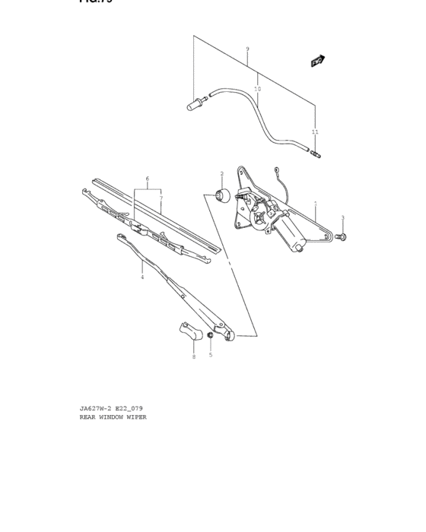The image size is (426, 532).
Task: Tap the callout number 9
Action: (247, 49)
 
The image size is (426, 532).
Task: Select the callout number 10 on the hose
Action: (257, 89)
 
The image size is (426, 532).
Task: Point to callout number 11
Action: (315, 132)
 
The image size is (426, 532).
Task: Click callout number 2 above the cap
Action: (222, 173)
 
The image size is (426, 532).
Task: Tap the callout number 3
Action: (342, 218)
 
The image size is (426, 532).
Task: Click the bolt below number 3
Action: (342, 237)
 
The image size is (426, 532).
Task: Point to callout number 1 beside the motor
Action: (315, 203)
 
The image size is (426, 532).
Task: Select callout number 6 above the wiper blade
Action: (148, 179)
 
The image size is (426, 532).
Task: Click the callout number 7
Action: (161, 198)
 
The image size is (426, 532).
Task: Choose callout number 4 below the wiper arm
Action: (141, 277)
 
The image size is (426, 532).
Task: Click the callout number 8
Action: (193, 356)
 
